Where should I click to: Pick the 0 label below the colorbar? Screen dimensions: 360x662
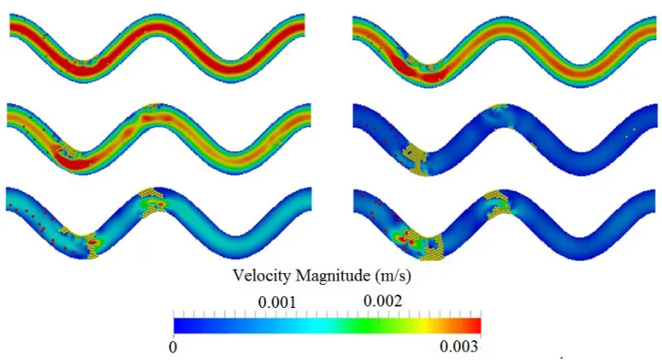[174, 345]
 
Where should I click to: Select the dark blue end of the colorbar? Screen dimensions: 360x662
[179, 324]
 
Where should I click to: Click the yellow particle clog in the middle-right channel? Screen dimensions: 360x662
[419, 156]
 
